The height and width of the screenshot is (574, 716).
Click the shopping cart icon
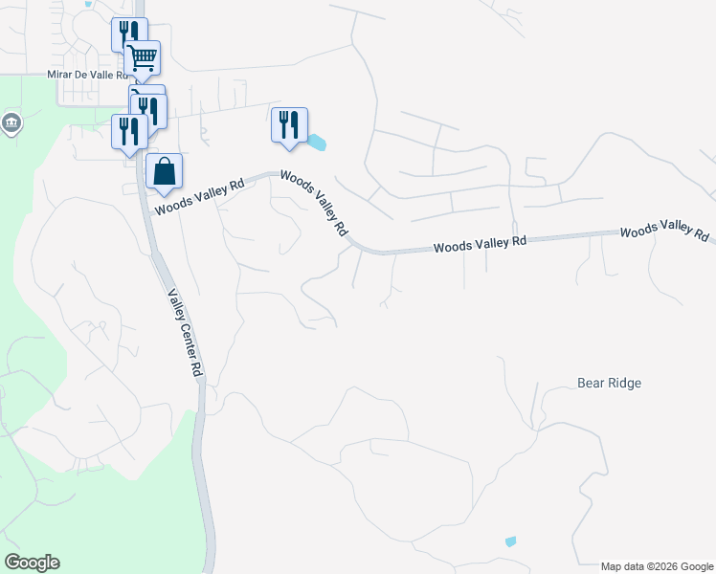coord(143,57)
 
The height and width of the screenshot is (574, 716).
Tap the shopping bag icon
coord(164,171)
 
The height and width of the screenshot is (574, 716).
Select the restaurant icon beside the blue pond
coord(289,124)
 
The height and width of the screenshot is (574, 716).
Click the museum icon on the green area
coord(11,123)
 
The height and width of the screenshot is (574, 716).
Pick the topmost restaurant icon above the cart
coord(128,34)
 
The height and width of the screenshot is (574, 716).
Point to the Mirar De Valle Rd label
coord(87,74)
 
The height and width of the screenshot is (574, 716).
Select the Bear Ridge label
coord(609,383)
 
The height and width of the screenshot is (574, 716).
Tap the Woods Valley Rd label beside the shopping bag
coord(200,195)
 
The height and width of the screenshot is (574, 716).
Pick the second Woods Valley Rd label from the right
coord(480,245)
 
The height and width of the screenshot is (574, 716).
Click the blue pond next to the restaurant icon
coord(316,143)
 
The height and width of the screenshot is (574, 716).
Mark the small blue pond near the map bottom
coord(510,541)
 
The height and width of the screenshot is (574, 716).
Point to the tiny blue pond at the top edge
coord(89,4)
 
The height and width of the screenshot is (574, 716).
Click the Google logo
coord(33,563)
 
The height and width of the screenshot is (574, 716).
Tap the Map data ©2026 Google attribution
coord(656,566)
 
